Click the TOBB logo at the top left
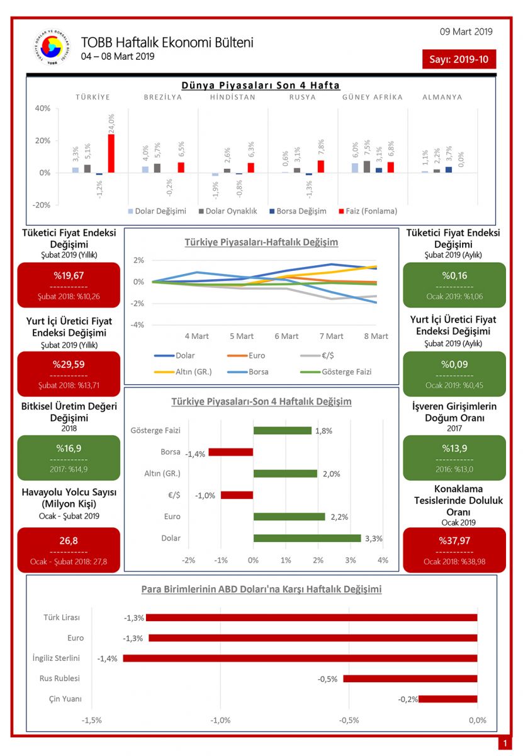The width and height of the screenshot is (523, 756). pyautogui.click(x=52, y=48)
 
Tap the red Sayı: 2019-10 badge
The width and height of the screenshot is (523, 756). pyautogui.click(x=459, y=59)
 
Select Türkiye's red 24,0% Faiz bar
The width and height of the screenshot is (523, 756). pyautogui.click(x=111, y=153)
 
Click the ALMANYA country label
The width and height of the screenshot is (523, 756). pyautogui.click(x=442, y=97)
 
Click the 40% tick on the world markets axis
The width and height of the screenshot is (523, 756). pyautogui.click(x=42, y=108)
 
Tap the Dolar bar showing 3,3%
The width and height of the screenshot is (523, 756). pyautogui.click(x=307, y=538)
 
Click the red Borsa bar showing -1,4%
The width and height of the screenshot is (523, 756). pyautogui.click(x=231, y=452)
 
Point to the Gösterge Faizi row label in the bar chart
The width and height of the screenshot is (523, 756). pyautogui.click(x=155, y=430)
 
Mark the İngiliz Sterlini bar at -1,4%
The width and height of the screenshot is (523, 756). pyautogui.click(x=300, y=658)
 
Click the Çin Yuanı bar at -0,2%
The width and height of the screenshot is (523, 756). pyautogui.click(x=448, y=699)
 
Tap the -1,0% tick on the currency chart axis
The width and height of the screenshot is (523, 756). pyautogui.click(x=220, y=720)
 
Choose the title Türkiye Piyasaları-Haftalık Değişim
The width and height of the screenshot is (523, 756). pyautogui.click(x=261, y=242)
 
